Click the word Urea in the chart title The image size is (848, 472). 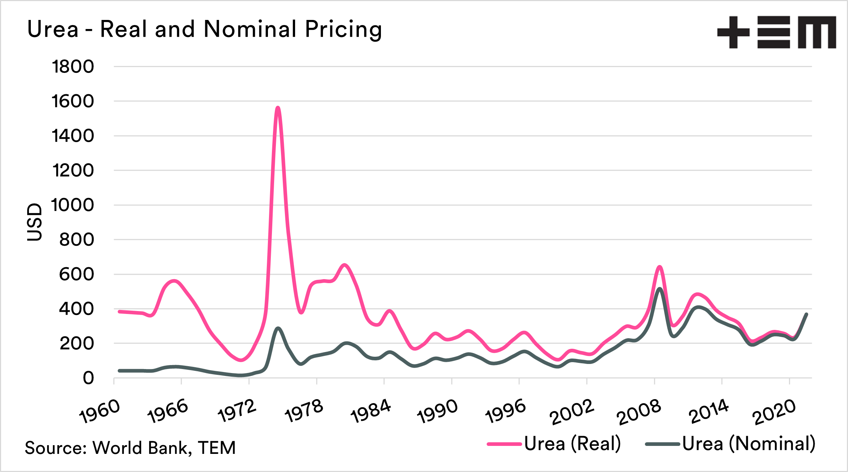pyautogui.click(x=53, y=29)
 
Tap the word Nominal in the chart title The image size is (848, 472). pyautogui.click(x=250, y=29)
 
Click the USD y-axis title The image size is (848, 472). pyautogui.click(x=35, y=222)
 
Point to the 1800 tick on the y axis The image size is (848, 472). pyautogui.click(x=73, y=67)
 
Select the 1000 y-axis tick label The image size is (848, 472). pyautogui.click(x=73, y=205)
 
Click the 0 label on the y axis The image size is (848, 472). pyautogui.click(x=88, y=378)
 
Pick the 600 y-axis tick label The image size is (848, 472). pyautogui.click(x=76, y=274)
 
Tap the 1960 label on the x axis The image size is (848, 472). pyautogui.click(x=100, y=411)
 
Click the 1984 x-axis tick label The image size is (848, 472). pyautogui.click(x=371, y=411)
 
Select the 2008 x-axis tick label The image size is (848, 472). pyautogui.click(x=639, y=413)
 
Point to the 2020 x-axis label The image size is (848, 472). pyautogui.click(x=774, y=413)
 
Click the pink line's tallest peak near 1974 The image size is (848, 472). pyautogui.click(x=278, y=108)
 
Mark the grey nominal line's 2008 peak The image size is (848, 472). pyautogui.click(x=660, y=289)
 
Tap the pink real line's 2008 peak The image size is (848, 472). pyautogui.click(x=660, y=267)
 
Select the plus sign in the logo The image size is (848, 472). pyautogui.click(x=733, y=32)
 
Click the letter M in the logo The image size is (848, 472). pyautogui.click(x=817, y=32)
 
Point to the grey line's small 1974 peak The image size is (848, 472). pyautogui.click(x=278, y=328)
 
